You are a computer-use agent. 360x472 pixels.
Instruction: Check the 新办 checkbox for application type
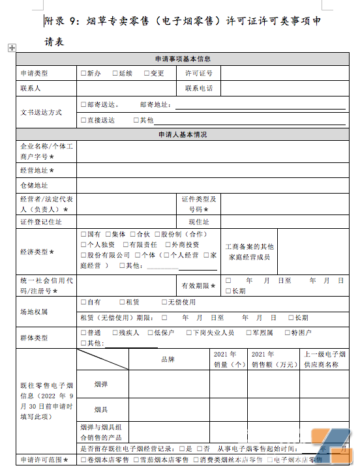(82, 73)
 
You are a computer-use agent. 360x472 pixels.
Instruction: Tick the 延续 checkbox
(115, 73)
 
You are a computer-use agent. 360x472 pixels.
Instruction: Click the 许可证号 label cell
(199, 73)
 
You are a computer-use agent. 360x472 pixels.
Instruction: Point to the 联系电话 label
(199, 88)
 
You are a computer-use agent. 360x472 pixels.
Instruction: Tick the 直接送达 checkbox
(82, 120)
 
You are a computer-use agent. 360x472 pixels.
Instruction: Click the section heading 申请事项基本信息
(183, 59)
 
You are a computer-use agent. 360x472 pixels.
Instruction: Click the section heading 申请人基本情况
(183, 135)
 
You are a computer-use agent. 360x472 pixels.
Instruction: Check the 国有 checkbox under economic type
(82, 234)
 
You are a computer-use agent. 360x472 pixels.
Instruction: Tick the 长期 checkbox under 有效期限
(228, 291)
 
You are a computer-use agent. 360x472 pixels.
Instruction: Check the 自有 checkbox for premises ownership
(82, 302)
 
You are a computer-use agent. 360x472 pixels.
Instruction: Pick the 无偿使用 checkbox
(162, 302)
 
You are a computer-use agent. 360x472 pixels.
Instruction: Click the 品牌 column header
(168, 359)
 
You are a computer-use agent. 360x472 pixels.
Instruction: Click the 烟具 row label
(101, 409)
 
